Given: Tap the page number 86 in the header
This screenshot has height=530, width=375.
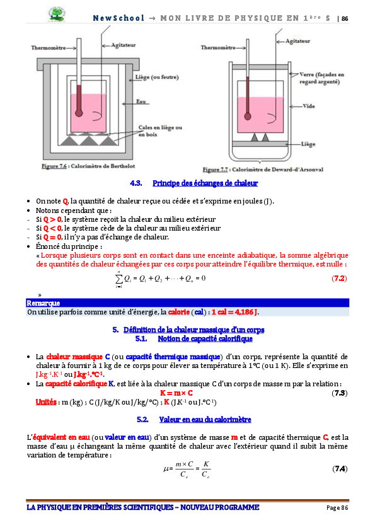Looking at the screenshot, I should click(x=345, y=19).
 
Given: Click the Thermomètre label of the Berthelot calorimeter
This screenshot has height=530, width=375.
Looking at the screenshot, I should click(x=50, y=46).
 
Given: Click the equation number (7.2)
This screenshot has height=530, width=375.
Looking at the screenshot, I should click(x=339, y=277).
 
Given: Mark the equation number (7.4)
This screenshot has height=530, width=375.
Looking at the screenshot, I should click(x=339, y=468).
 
